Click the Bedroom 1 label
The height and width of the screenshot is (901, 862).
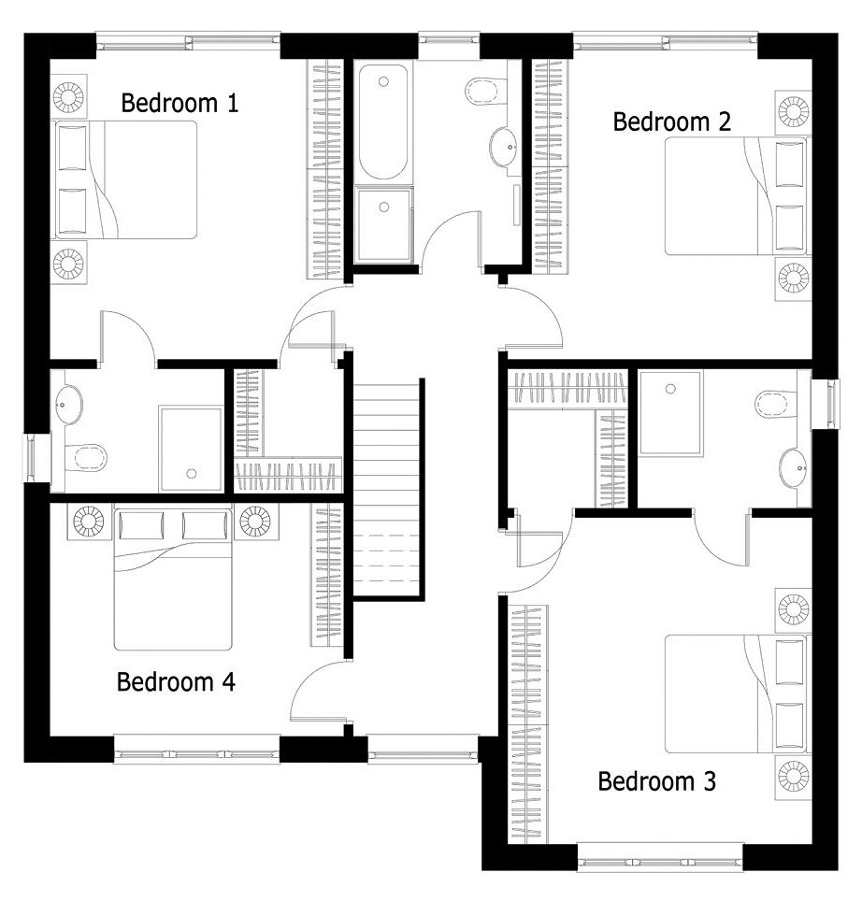coord(180,104)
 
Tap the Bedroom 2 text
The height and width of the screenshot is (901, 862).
coord(672,122)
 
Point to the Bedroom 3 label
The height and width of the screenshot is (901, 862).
coord(657,781)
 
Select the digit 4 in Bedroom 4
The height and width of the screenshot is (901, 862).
coord(228,682)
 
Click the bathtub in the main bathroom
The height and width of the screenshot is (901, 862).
coord(383,122)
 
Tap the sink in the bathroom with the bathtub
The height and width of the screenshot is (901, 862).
coord(505,147)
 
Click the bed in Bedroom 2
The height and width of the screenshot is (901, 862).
coord(736,196)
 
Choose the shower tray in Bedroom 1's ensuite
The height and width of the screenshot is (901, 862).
coord(192,450)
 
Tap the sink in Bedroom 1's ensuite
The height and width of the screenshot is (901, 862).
coord(67,405)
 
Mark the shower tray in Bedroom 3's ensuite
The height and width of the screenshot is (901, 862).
coord(670,414)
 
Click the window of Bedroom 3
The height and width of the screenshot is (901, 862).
coord(660,862)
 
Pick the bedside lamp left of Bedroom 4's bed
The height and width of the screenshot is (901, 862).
coord(89,522)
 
